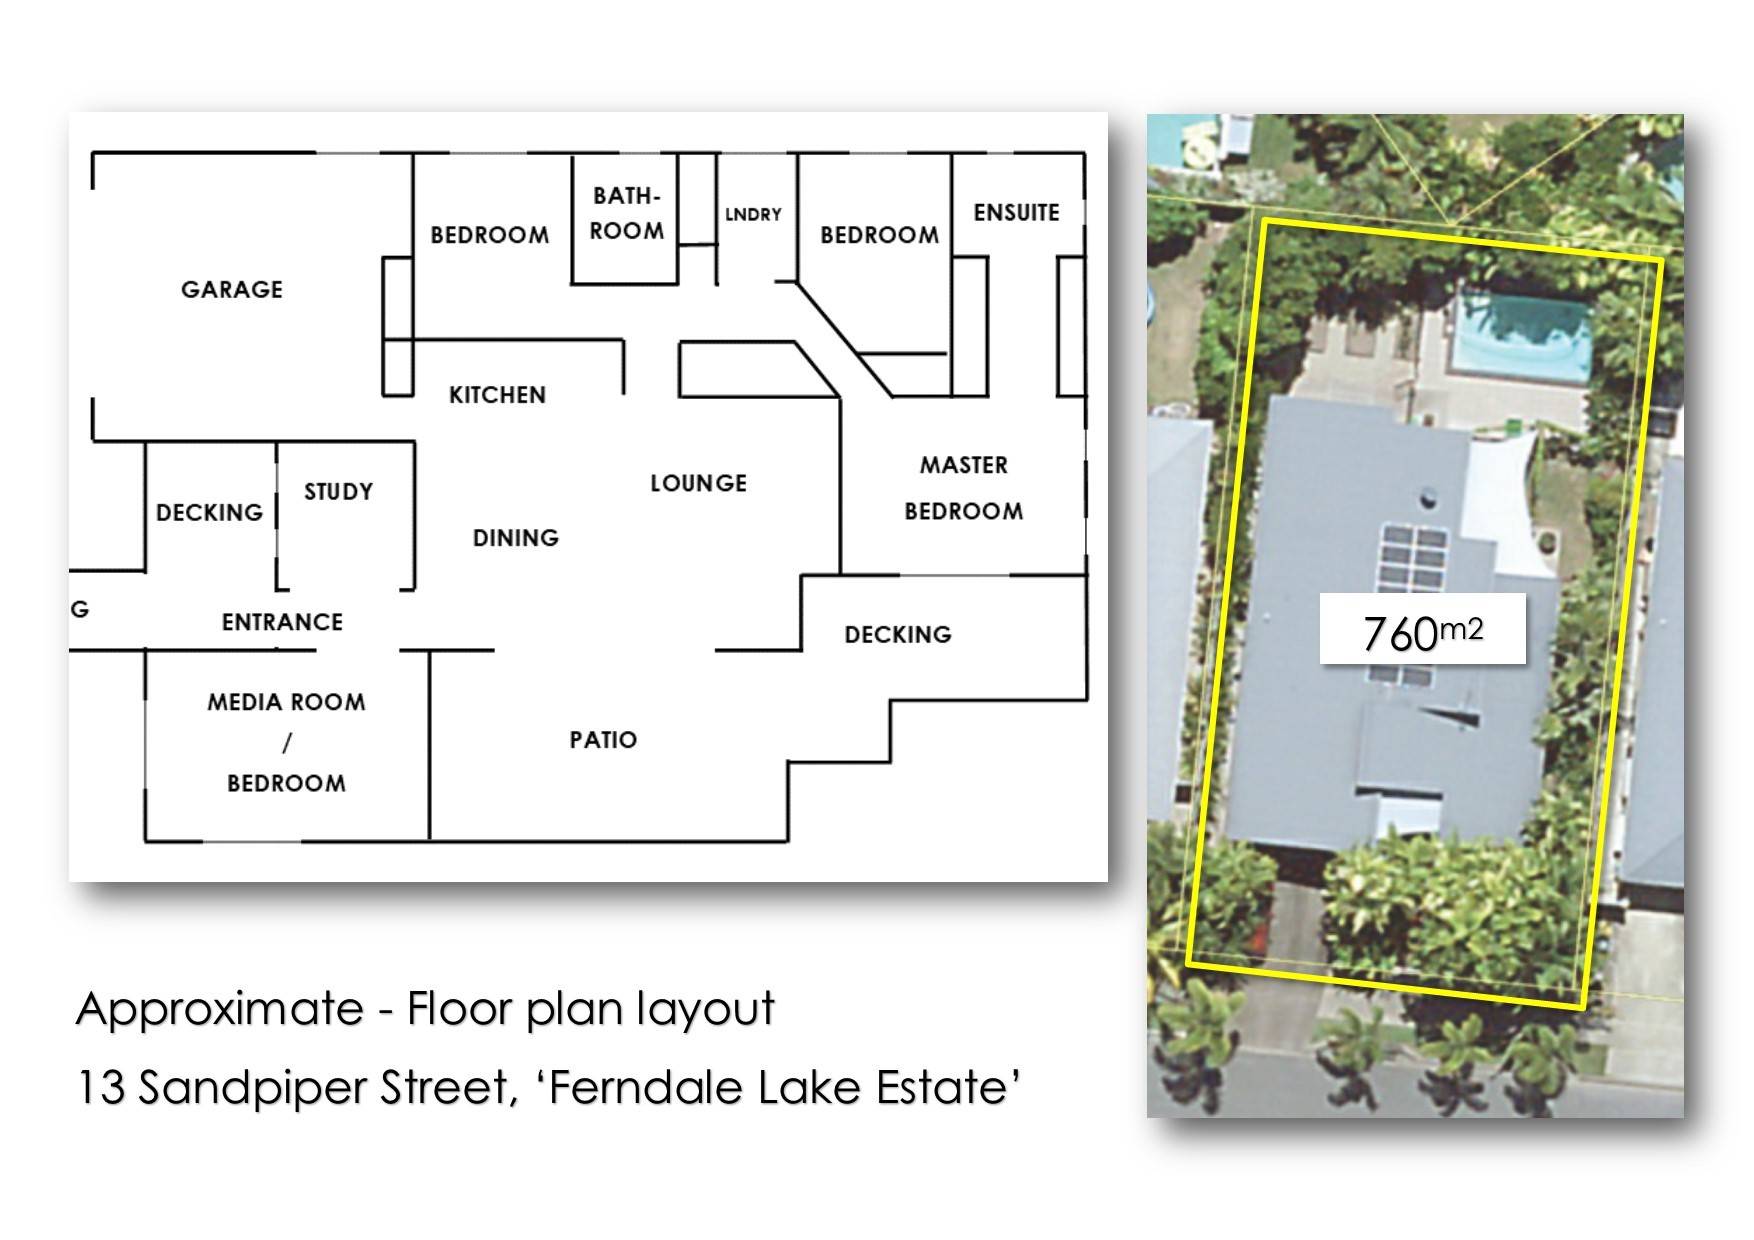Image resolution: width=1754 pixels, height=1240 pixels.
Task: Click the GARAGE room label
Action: click(x=232, y=289)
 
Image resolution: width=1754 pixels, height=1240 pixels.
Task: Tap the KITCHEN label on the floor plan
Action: click(x=497, y=395)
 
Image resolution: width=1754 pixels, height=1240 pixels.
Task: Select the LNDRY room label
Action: click(x=753, y=214)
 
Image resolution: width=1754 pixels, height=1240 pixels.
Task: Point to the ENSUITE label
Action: click(x=1016, y=212)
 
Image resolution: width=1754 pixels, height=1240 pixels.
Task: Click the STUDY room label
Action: click(x=338, y=491)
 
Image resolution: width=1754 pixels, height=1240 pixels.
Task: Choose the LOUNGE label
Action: click(x=698, y=483)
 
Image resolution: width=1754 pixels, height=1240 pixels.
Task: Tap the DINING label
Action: click(x=515, y=538)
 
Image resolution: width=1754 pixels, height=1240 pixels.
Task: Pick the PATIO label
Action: click(x=603, y=740)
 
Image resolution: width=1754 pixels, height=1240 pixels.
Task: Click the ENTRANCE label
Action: click(x=282, y=622)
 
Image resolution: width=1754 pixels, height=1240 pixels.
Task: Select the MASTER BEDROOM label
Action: click(x=964, y=488)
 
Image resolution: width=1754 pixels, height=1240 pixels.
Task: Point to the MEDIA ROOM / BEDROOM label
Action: click(x=286, y=742)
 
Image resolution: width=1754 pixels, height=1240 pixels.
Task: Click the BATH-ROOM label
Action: click(x=627, y=213)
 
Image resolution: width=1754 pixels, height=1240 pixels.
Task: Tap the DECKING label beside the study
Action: click(x=209, y=512)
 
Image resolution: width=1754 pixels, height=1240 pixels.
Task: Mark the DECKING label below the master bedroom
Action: click(x=898, y=634)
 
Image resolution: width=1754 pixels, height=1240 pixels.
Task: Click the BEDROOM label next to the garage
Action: click(x=490, y=235)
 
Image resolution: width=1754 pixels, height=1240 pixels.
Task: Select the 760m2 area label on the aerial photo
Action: click(x=1423, y=631)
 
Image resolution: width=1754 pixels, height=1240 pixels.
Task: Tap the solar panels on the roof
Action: click(x=1412, y=602)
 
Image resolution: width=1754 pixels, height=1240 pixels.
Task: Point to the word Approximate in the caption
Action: click(x=220, y=1009)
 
